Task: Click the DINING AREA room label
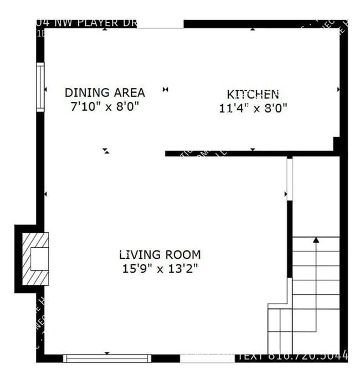point(105,93)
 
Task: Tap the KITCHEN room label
point(253,94)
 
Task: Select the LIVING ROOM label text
point(160,255)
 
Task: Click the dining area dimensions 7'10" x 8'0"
point(104,106)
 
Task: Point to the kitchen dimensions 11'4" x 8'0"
point(253,108)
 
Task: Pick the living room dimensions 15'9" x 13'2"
point(160,269)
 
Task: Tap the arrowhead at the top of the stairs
point(316,240)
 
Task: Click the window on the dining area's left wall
point(40,88)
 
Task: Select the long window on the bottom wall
point(107,358)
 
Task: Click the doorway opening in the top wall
point(161,25)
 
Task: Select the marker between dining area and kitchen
point(165,89)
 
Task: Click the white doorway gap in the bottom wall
point(200,358)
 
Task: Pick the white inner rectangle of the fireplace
point(39,259)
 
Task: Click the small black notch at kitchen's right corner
point(337,144)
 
